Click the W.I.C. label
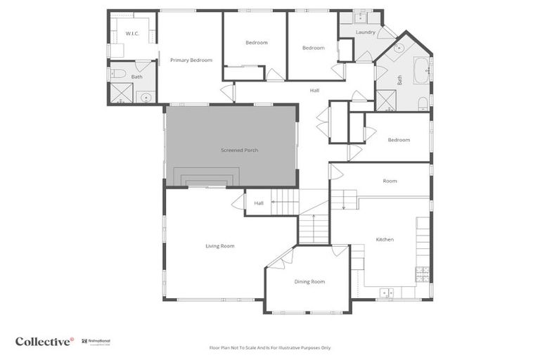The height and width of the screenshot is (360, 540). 132,33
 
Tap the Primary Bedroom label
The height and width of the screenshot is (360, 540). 191,60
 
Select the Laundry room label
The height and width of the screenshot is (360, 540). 366,32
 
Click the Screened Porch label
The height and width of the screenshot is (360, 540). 239,150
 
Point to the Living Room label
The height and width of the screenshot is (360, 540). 220,246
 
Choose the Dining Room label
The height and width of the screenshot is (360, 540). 309,281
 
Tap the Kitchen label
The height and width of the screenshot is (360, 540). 385,240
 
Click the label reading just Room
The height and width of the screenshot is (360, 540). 390,181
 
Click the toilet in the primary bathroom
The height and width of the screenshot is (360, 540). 119,73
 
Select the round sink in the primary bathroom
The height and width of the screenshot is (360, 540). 146,98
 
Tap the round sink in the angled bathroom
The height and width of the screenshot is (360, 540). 399,49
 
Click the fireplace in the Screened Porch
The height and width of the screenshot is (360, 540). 206,180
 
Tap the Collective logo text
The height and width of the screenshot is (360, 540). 44,341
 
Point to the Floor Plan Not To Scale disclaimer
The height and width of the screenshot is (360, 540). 270,347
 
